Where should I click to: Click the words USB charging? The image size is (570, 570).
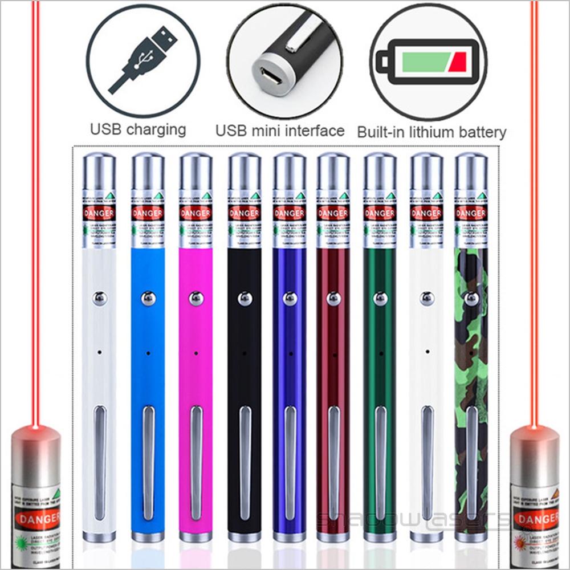click(138, 129)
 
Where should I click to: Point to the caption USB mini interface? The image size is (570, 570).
click(280, 131)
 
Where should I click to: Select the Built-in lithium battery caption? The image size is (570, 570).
click(431, 132)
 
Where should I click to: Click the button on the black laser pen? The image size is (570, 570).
click(244, 298)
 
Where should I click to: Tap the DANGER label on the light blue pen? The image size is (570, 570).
click(148, 214)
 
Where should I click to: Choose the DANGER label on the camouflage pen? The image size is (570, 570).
click(470, 214)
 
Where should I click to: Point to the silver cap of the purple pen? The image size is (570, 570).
click(290, 171)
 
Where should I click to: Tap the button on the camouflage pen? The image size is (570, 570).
click(471, 298)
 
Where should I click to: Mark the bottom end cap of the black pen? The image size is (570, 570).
click(244, 536)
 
